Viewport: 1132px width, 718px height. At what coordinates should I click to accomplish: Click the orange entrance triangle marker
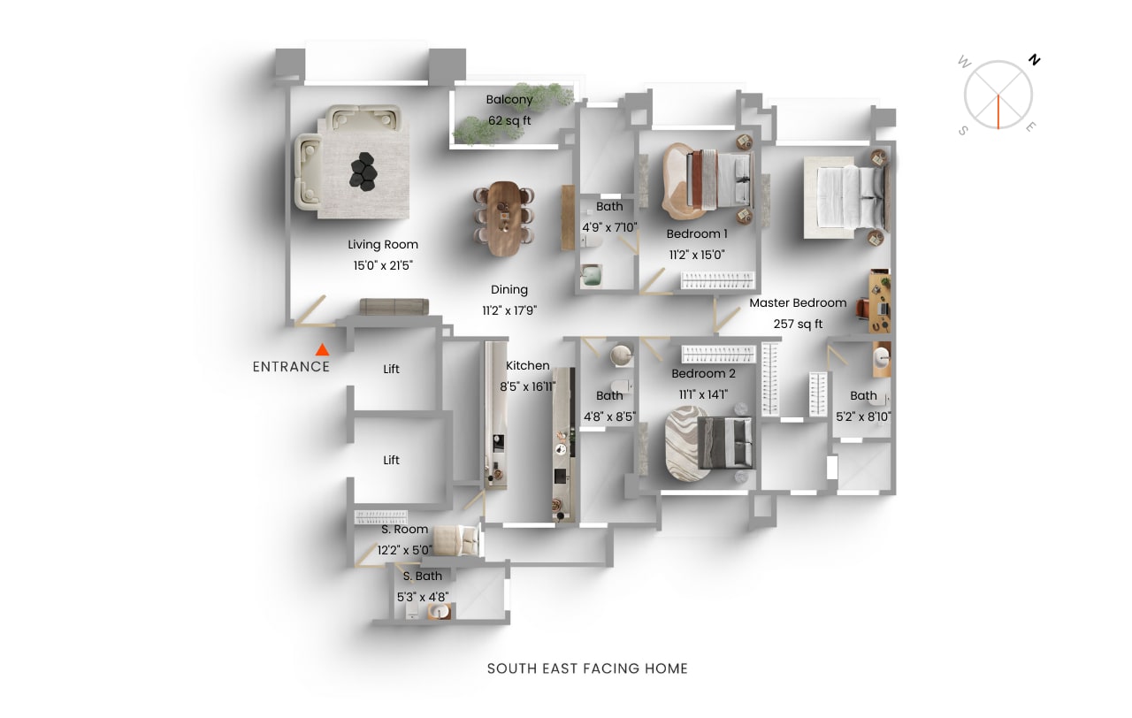pyautogui.click(x=323, y=350)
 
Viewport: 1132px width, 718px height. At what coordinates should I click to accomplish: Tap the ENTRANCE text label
pyautogui.click(x=291, y=367)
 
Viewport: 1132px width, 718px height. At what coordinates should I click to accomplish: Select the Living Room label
pyautogui.click(x=383, y=245)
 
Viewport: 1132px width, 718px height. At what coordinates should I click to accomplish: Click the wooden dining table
pyautogui.click(x=505, y=218)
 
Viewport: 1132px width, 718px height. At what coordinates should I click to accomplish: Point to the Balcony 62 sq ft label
pyautogui.click(x=509, y=110)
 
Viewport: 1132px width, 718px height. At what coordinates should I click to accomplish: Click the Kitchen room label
pyautogui.click(x=528, y=365)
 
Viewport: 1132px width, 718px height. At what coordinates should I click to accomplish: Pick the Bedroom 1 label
pyautogui.click(x=697, y=234)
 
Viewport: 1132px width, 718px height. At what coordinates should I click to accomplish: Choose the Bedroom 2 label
pyautogui.click(x=703, y=374)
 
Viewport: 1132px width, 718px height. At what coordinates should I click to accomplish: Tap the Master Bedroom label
pyautogui.click(x=798, y=302)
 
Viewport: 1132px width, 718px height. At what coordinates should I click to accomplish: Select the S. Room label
pyautogui.click(x=405, y=530)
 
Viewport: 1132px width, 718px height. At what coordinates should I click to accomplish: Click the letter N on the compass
pyautogui.click(x=1034, y=60)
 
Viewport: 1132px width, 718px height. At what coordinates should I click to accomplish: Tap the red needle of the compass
pyautogui.click(x=998, y=111)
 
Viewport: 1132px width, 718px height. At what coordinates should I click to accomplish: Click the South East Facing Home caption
pyautogui.click(x=587, y=668)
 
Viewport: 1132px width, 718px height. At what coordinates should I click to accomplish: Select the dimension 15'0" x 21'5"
pyautogui.click(x=383, y=264)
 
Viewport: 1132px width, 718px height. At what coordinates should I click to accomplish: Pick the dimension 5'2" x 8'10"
pyautogui.click(x=863, y=416)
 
